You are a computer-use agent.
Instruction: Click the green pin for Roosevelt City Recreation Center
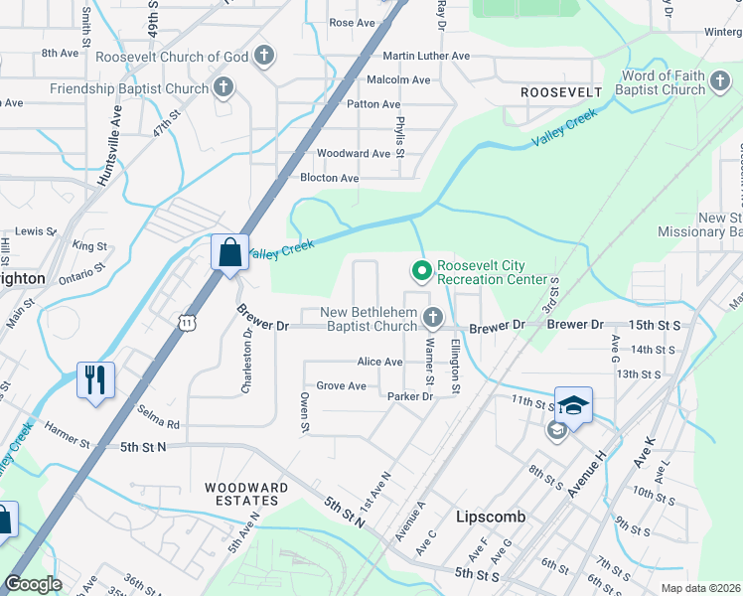pyautogui.click(x=421, y=269)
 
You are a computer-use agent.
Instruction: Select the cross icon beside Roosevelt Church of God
pyautogui.click(x=264, y=56)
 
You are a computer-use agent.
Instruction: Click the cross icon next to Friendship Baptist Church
pyautogui.click(x=223, y=87)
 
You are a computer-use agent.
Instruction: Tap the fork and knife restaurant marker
pyautogui.click(x=96, y=379)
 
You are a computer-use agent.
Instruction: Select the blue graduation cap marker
pyautogui.click(x=573, y=402)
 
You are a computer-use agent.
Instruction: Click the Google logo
pyautogui.click(x=34, y=584)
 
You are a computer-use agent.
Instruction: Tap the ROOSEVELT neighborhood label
pyautogui.click(x=561, y=92)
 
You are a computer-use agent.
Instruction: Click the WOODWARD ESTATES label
pyautogui.click(x=246, y=495)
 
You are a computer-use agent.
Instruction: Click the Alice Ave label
pyautogui.click(x=379, y=363)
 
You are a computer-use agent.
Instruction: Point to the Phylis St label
pyautogui.click(x=400, y=136)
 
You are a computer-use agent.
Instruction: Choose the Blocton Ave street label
pyautogui.click(x=329, y=178)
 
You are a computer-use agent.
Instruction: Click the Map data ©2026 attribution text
pyautogui.click(x=701, y=588)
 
